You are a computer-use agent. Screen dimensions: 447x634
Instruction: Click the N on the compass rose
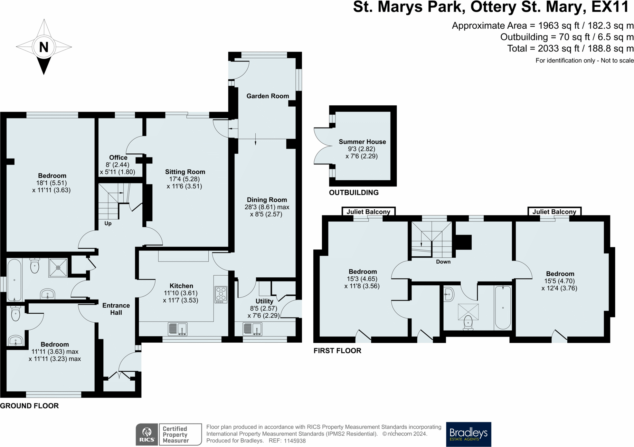44,47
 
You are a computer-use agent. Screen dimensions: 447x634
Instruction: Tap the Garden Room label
267,96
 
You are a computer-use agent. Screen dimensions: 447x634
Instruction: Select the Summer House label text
362,142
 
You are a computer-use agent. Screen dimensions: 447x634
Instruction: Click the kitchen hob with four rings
221,294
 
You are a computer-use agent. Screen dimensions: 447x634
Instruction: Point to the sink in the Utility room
252,329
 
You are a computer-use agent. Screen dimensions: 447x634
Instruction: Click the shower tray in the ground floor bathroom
58,268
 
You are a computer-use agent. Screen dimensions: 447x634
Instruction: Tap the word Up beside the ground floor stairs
108,223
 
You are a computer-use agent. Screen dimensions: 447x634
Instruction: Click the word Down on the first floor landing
443,262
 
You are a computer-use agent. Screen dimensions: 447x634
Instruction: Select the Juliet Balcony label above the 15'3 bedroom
368,211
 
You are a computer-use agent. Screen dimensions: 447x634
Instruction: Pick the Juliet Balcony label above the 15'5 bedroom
554,211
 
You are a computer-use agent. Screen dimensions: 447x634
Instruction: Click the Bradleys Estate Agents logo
468,434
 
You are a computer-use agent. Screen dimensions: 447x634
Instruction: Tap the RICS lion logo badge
147,434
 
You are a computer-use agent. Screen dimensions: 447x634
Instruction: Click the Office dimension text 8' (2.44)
117,165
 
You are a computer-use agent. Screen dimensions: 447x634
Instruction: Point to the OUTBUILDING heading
353,193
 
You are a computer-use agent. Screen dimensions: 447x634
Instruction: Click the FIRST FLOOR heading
337,351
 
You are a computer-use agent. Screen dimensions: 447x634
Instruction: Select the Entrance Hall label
116,309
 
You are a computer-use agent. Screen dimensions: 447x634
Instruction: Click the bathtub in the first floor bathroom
503,307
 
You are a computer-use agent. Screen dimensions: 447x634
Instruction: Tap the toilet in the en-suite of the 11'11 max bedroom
16,314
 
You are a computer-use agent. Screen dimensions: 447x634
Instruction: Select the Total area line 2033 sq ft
570,49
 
